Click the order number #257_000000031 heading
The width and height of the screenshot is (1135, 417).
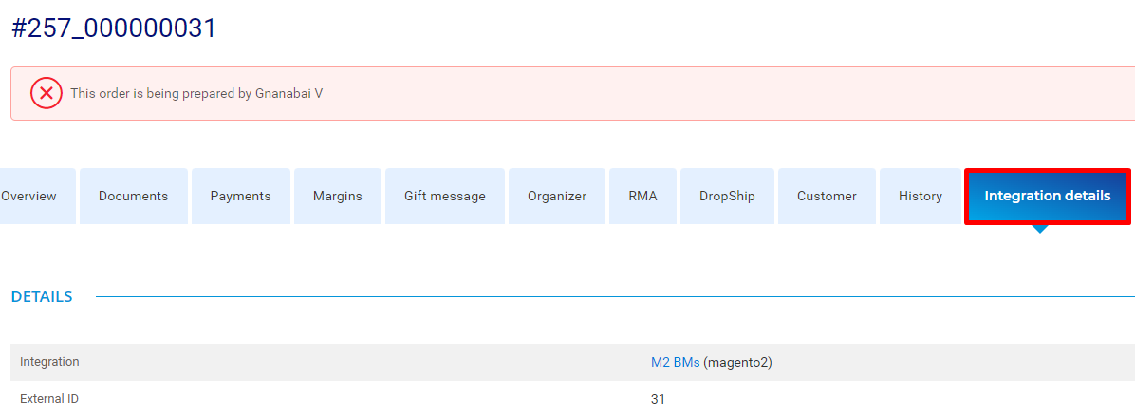(x=114, y=28)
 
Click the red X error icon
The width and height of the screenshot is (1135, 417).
(x=47, y=93)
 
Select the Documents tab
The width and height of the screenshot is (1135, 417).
(x=133, y=197)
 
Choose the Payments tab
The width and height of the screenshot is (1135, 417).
(x=240, y=197)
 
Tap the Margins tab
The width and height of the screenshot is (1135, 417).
(x=337, y=197)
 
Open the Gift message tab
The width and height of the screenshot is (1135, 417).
(x=445, y=197)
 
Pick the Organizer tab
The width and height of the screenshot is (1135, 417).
(x=557, y=197)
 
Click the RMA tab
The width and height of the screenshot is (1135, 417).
(x=642, y=197)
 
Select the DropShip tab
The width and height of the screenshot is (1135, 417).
(x=727, y=197)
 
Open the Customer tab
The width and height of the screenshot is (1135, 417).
(x=827, y=197)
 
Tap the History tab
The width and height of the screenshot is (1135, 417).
(x=920, y=197)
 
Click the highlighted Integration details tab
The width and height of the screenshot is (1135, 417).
(x=1048, y=197)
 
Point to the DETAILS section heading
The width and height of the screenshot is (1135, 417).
(x=42, y=296)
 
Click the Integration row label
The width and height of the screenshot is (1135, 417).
(x=49, y=362)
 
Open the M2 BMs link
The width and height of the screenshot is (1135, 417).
(x=676, y=363)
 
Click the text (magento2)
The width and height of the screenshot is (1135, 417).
(x=737, y=363)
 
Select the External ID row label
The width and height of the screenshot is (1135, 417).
(x=48, y=399)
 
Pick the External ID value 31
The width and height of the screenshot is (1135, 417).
(x=658, y=399)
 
